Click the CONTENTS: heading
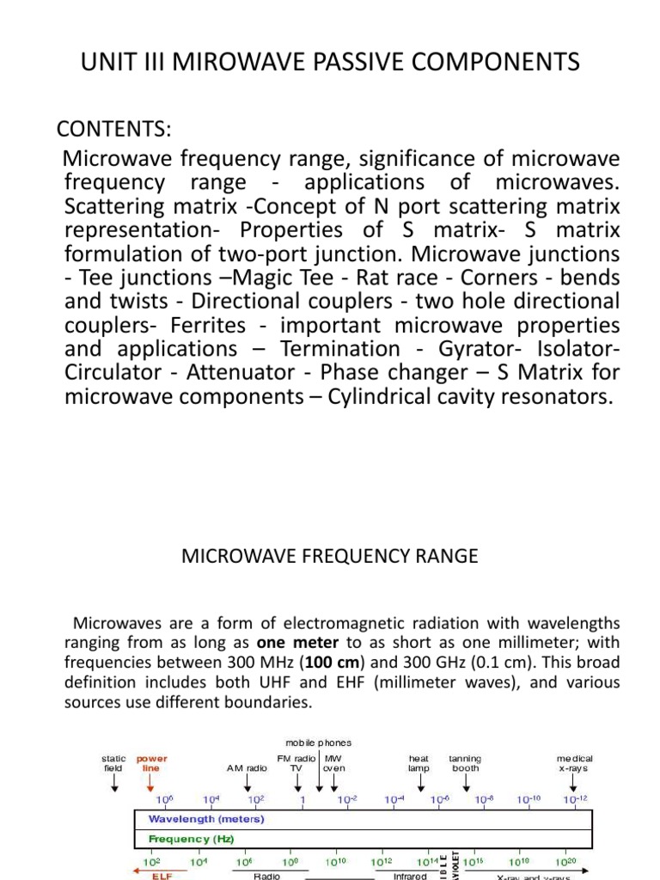click(x=114, y=129)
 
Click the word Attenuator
click(x=243, y=373)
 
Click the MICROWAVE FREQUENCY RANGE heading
click(x=329, y=556)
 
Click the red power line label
click(x=152, y=763)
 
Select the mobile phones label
click(x=320, y=742)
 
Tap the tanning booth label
click(x=465, y=763)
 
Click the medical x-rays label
click(x=574, y=763)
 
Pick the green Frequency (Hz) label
click(x=192, y=838)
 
